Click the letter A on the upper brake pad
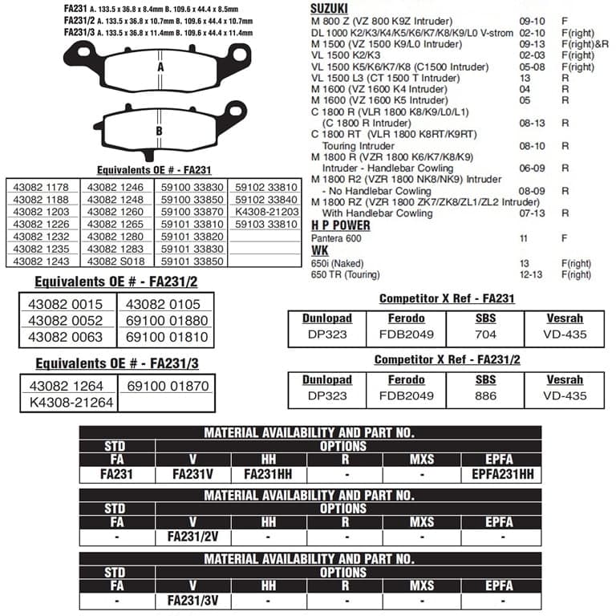[x=160, y=67]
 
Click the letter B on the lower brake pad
[x=160, y=131]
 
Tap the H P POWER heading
[x=341, y=226]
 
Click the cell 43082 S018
[x=115, y=261]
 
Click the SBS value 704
[x=485, y=334]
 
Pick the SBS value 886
[x=485, y=395]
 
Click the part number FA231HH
[x=268, y=474]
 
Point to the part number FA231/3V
[x=193, y=599]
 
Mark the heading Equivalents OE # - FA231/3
[x=117, y=363]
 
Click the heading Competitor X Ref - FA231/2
[x=448, y=360]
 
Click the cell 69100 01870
[x=167, y=387]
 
